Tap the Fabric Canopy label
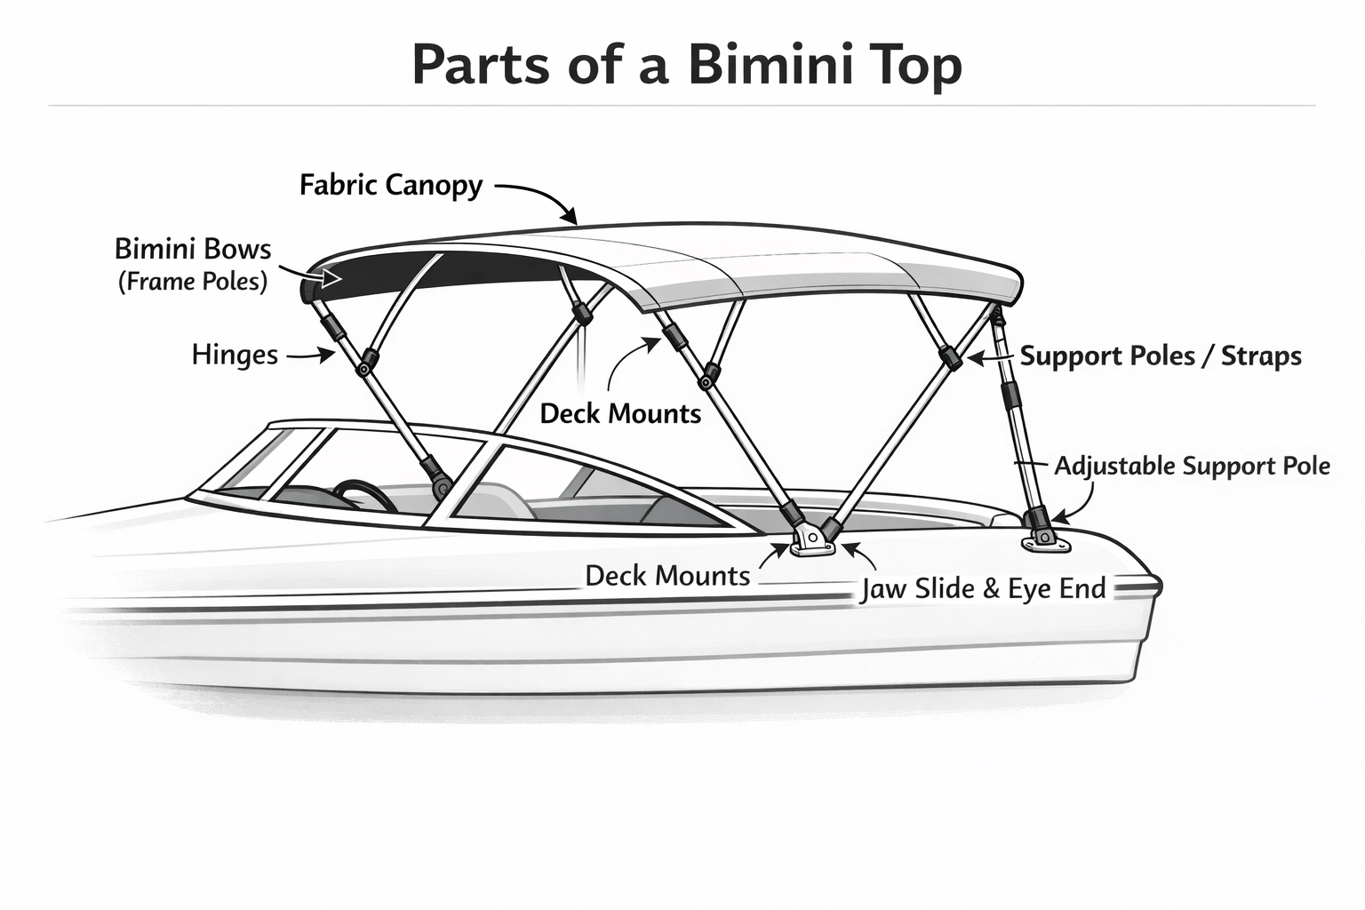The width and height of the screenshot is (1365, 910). [x=391, y=185]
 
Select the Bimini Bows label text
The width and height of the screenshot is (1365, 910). [x=193, y=249]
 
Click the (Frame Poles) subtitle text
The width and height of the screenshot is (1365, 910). [x=193, y=282]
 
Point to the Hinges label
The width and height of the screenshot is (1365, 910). [x=235, y=355]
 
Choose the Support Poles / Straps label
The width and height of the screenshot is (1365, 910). [x=1161, y=356]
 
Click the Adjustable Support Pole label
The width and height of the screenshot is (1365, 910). [x=1192, y=466]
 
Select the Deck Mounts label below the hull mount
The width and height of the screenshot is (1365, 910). [x=667, y=576]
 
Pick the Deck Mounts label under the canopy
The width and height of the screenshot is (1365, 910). [x=620, y=413]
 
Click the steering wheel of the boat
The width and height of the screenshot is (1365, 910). [x=364, y=494]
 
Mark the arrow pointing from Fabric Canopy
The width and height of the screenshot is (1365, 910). [x=538, y=197]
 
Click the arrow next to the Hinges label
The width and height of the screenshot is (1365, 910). [x=309, y=355]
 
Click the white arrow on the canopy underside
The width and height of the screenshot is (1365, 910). [x=331, y=278]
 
